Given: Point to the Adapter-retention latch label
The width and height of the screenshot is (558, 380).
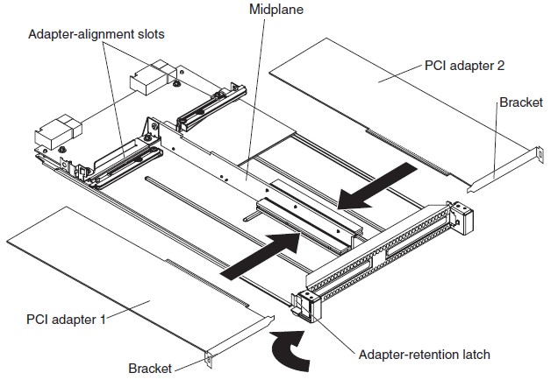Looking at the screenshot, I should (x=425, y=355).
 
